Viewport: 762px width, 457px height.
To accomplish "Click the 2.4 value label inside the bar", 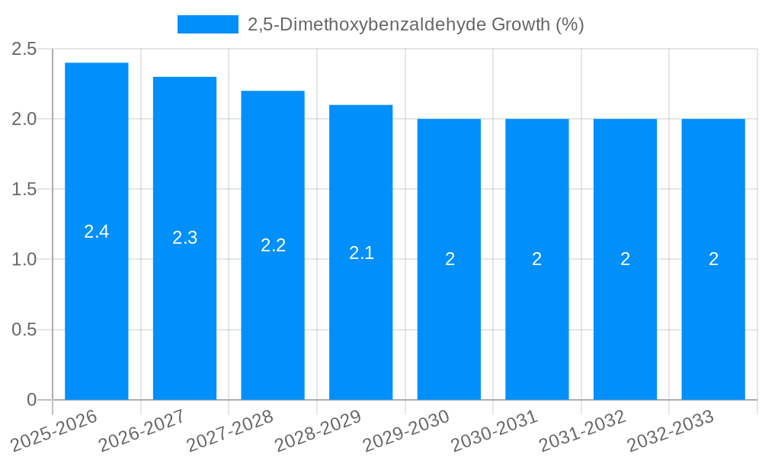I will click(x=97, y=232).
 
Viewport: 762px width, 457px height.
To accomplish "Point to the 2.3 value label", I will click(x=184, y=238).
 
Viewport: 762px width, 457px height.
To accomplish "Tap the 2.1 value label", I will click(x=361, y=252).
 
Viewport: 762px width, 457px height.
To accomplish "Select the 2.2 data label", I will click(x=273, y=245).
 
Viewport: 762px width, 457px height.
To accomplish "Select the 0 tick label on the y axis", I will click(x=32, y=400).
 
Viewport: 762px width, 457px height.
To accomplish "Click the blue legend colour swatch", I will click(x=207, y=24).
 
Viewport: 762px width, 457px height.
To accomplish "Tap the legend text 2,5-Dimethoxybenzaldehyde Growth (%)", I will click(x=416, y=24).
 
